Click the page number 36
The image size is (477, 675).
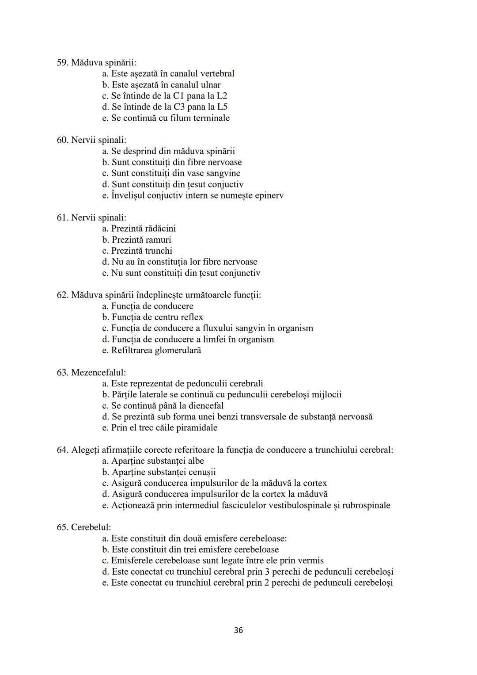238,630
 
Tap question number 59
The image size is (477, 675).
63,63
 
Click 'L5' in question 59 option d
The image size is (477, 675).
222,107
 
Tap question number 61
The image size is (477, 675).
63,217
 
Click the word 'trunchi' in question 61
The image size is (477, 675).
157,251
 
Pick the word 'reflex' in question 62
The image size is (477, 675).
191,317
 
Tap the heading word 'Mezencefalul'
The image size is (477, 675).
98,372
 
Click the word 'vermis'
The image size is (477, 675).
309,561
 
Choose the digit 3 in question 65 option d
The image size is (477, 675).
268,572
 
